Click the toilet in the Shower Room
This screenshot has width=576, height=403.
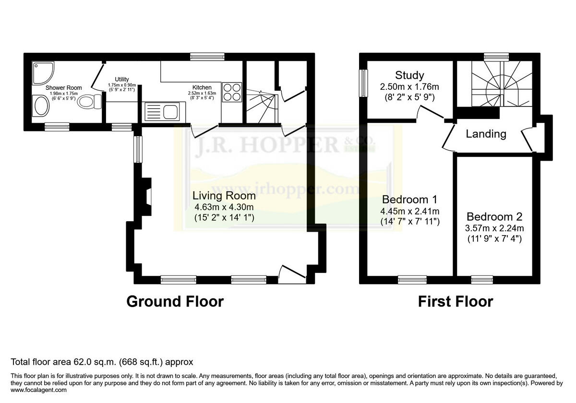89,102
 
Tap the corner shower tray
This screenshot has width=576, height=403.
42,71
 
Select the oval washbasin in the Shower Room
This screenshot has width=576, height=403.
40,106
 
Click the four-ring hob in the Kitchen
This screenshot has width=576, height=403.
232,92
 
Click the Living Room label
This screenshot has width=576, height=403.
224,196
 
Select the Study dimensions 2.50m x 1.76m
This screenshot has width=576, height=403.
409,87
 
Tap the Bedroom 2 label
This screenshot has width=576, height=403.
494,216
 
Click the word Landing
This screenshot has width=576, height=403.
486,134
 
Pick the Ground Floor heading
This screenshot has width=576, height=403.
175,301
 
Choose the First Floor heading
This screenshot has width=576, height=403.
455,301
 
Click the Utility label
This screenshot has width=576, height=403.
122,80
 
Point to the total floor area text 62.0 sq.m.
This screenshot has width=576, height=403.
102,362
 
